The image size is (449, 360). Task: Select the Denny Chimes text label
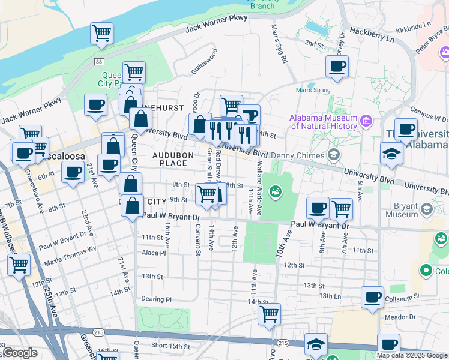tap(298, 155)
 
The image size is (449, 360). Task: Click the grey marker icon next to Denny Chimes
tap(334, 155)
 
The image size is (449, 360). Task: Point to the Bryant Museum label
tap(402, 209)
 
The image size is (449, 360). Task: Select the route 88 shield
tap(99, 62)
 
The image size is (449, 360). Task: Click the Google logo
tap(20, 353)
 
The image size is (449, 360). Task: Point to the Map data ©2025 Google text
tap(412, 355)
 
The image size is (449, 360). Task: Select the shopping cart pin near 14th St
tap(269, 313)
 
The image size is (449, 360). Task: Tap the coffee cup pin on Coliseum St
tap(372, 296)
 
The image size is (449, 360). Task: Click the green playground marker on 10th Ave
tap(276, 192)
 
